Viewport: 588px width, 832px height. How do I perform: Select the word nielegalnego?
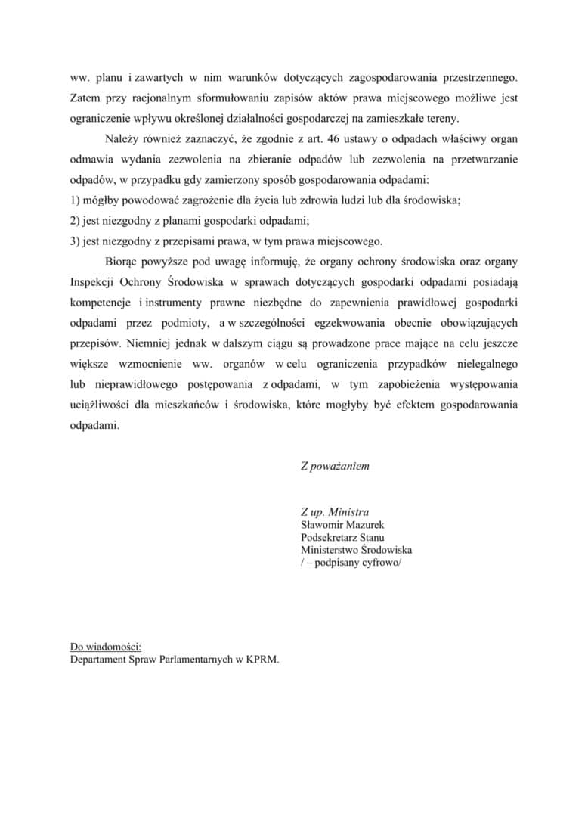(x=483, y=364)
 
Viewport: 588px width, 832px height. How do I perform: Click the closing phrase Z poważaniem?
(x=335, y=466)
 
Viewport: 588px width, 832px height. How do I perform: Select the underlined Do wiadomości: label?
(x=105, y=646)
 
